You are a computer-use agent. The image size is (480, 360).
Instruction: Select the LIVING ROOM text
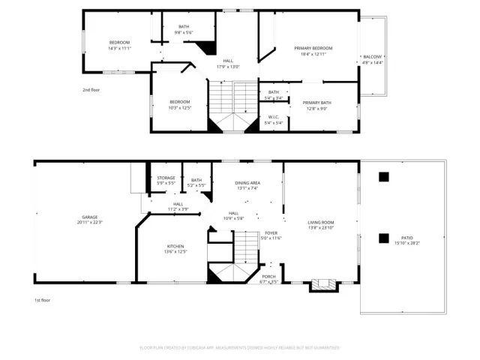321,222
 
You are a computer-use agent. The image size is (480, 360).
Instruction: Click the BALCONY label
373,57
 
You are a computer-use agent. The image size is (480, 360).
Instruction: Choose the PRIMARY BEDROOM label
313,48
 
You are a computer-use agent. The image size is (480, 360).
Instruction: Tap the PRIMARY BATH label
316,103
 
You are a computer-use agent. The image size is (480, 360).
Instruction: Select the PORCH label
268,277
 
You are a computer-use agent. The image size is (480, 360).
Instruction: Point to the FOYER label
271,232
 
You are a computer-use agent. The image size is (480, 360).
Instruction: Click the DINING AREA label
247,183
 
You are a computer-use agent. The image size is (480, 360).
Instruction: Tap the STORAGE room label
166,178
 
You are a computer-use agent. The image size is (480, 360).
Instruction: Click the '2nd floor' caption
91,89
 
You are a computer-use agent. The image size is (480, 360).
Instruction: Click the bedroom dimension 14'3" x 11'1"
120,48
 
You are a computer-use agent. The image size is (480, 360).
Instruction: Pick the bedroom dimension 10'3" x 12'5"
180,107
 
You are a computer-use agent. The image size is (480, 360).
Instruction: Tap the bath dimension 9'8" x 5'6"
184,32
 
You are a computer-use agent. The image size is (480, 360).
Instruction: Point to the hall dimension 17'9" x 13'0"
228,67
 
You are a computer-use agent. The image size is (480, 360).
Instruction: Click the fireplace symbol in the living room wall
324,285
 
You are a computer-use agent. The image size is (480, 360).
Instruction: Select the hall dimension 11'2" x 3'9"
178,209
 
